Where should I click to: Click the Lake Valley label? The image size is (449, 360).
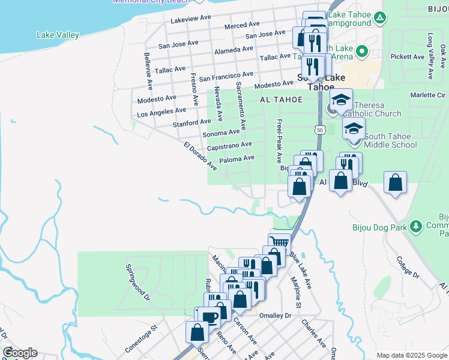pyautogui.click(x=58, y=35)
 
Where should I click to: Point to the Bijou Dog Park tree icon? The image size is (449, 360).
pyautogui.click(x=415, y=227)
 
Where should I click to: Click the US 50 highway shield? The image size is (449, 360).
pyautogui.click(x=319, y=130)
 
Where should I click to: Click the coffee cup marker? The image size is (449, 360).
pyautogui.click(x=209, y=317)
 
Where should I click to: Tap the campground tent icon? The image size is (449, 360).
pyautogui.click(x=379, y=18)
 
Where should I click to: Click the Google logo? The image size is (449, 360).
pyautogui.click(x=20, y=352)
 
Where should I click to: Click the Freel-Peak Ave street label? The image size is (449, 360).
pyautogui.click(x=279, y=141)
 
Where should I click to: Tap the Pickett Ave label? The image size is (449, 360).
pyautogui.click(x=408, y=57)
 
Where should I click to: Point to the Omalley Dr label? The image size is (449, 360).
pyautogui.click(x=274, y=316)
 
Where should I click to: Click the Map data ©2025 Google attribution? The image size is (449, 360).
pyautogui.click(x=411, y=355)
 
